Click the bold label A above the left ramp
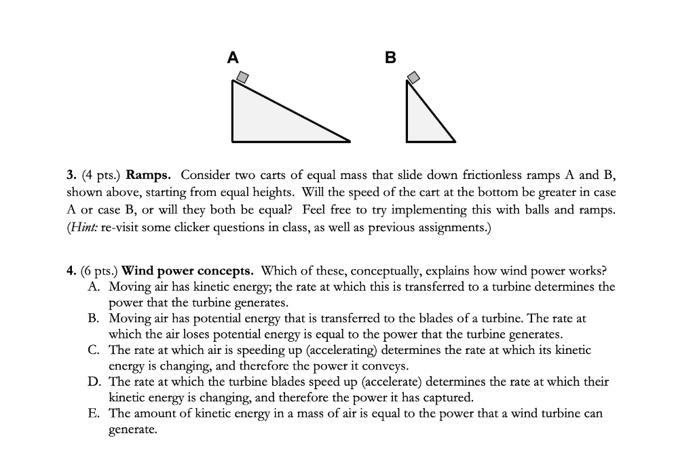(x=233, y=58)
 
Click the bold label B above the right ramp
(x=390, y=58)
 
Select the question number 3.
(x=71, y=174)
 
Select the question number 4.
(x=71, y=271)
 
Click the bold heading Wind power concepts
(x=187, y=271)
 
